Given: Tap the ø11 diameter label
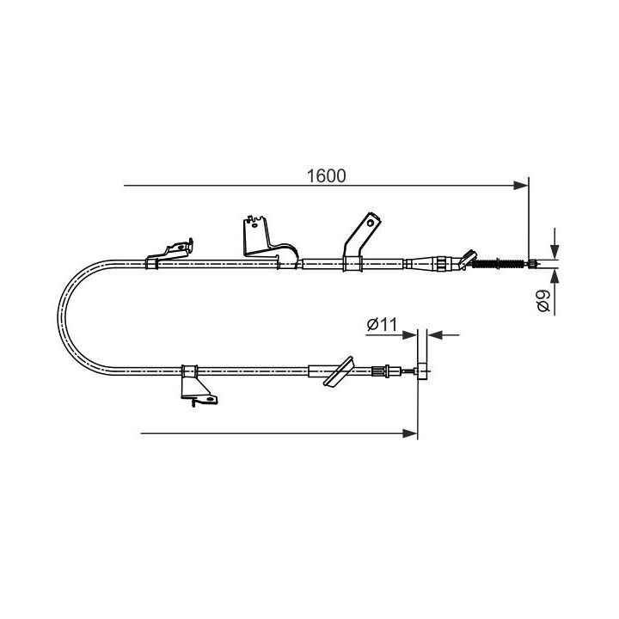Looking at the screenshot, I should click(380, 324).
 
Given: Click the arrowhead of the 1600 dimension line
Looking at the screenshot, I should click(522, 185).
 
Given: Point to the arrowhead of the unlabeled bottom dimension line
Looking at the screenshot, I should click(411, 432).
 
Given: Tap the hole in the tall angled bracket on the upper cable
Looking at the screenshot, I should click(371, 222).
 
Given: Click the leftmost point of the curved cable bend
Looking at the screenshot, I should click(58, 315).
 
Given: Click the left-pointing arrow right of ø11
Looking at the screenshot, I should click(433, 334).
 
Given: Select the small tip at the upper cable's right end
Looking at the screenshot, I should click(534, 263).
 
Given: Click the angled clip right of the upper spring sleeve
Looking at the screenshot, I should click(466, 257).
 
